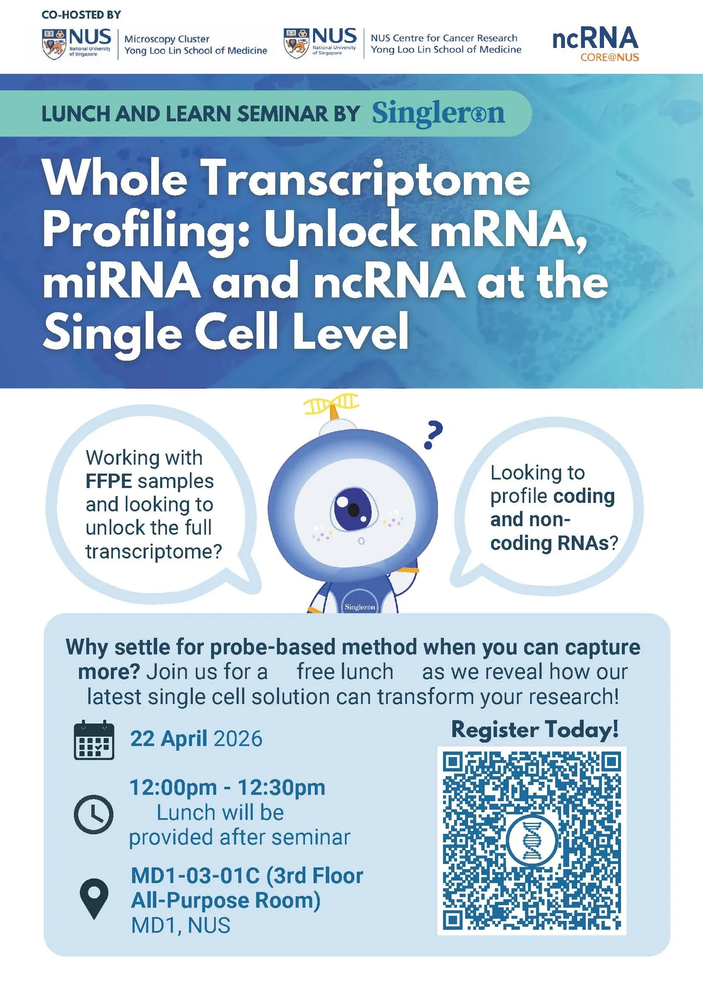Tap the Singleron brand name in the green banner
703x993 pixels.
pos(438,114)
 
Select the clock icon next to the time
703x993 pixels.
pos(93,814)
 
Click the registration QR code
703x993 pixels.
pos(532,841)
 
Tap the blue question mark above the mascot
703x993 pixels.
pos(433,435)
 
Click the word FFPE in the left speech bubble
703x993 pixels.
pos(109,481)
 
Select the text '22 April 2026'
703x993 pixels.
pos(196,739)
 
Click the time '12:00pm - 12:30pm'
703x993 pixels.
pos(227,788)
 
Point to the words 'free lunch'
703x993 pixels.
pos(345,672)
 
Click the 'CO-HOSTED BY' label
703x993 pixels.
pos(81,15)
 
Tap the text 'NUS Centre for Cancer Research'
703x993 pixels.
pos(444,38)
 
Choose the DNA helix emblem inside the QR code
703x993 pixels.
pos(532,841)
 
